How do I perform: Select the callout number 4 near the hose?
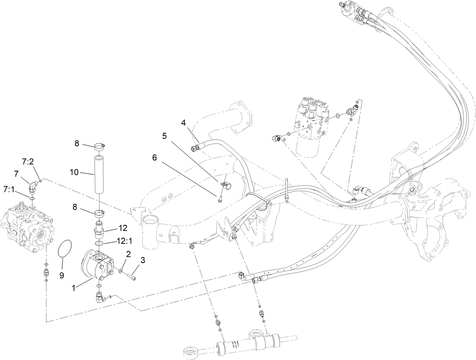click(184, 123)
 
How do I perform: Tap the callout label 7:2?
click(28, 162)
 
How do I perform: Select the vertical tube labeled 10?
click(99, 174)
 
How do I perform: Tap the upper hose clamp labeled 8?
click(99, 145)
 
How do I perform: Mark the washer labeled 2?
click(120, 271)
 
